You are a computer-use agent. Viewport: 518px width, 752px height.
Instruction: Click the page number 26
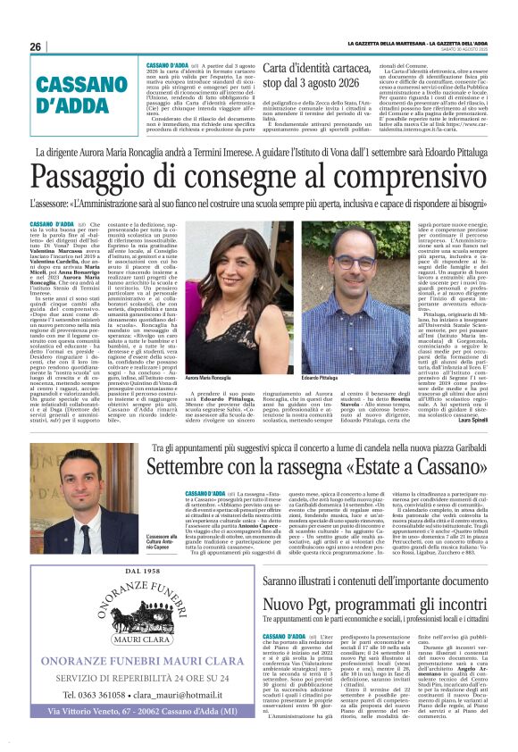point(37,47)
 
